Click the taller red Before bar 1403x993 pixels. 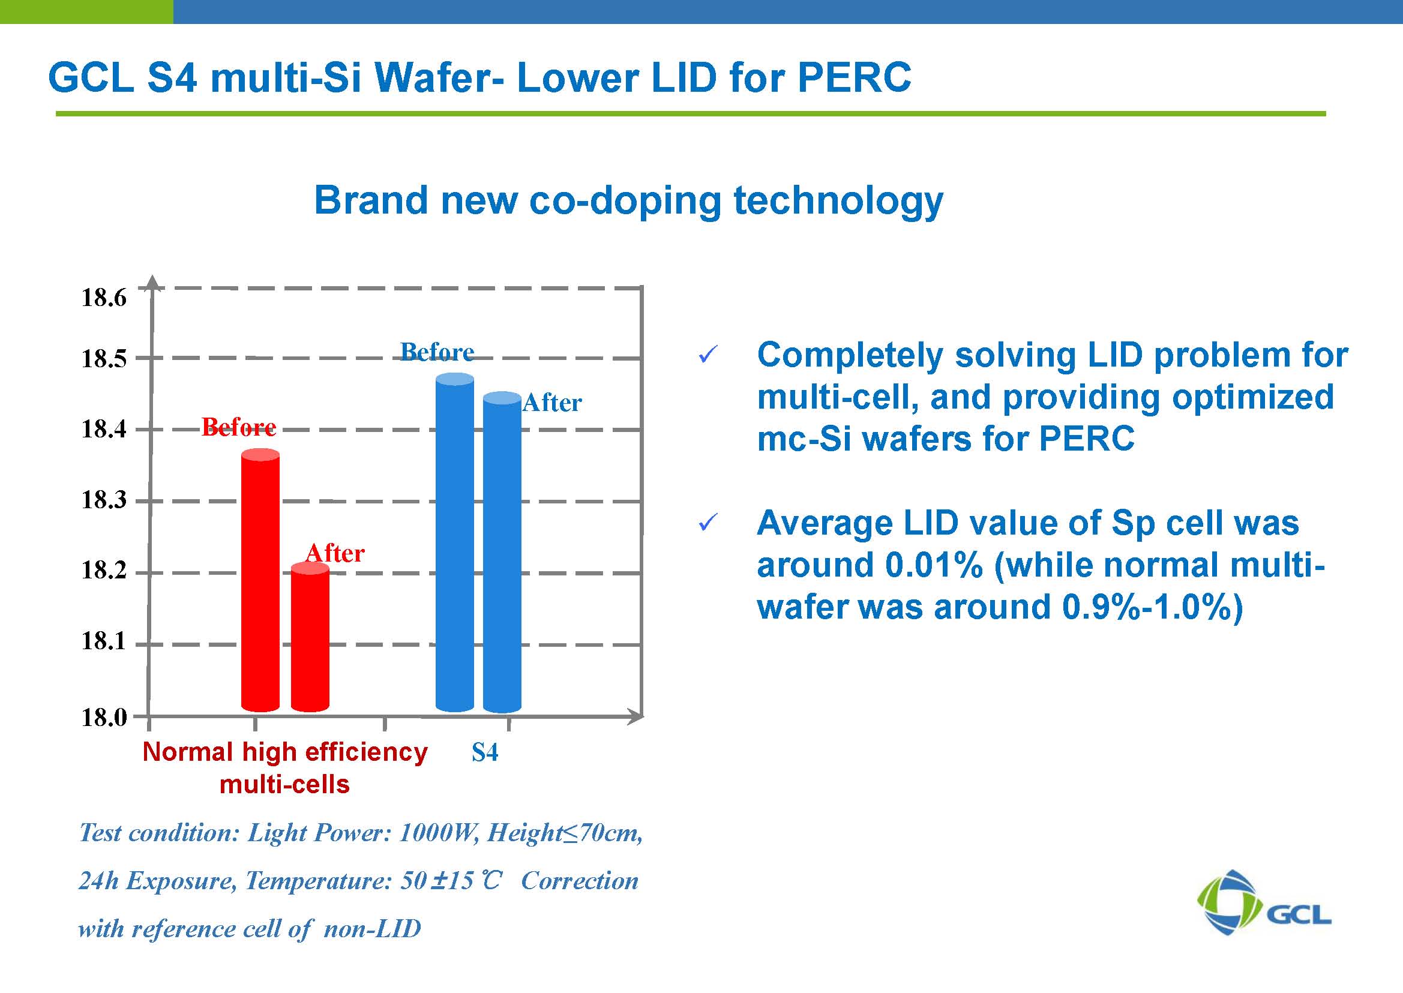[260, 581]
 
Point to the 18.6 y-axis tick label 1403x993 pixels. [104, 298]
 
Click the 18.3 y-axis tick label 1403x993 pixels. [104, 500]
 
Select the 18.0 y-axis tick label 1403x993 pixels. [104, 717]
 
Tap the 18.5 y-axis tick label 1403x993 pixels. [104, 358]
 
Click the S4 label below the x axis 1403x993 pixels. [484, 752]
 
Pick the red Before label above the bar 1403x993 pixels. [238, 426]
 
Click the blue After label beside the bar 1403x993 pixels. [552, 403]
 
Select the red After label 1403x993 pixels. [335, 553]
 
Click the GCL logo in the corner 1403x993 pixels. [1263, 903]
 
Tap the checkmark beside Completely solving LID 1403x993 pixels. [707, 354]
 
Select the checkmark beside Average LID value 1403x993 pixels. [707, 523]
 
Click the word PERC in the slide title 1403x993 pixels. [854, 77]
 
